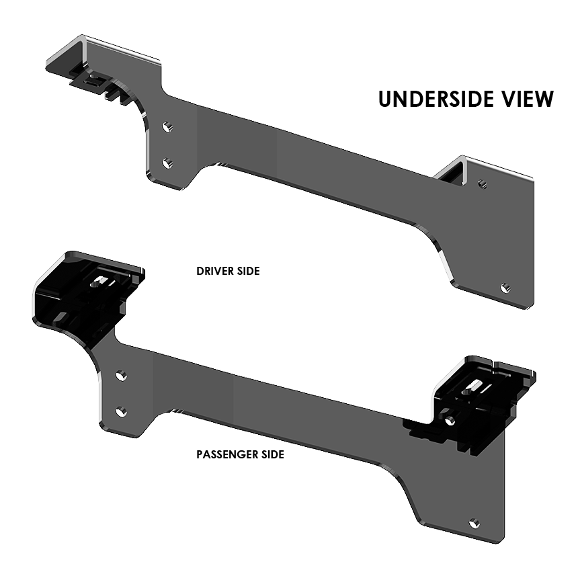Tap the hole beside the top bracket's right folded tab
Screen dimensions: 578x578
[482, 182]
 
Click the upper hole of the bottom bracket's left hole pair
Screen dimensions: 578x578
[120, 374]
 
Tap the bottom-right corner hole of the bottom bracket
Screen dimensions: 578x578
[474, 522]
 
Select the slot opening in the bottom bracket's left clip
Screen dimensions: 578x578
[102, 280]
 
